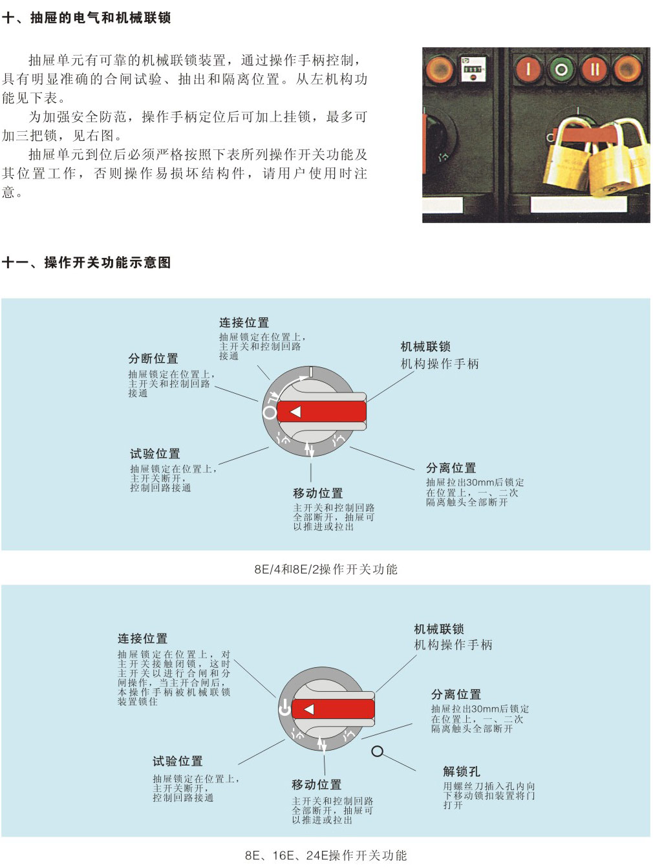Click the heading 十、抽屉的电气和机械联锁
tap(86, 17)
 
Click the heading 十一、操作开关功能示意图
tap(86, 262)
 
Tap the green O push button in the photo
tap(561, 70)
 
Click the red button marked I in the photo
tap(528, 69)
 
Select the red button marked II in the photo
tap(595, 70)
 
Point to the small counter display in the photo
tap(472, 69)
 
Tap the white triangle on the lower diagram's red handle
tap(309, 709)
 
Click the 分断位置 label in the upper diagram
tap(153, 359)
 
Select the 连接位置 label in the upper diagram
tap(244, 323)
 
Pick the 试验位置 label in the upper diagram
tap(155, 454)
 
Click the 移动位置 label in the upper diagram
tap(318, 493)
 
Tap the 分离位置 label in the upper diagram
tap(451, 468)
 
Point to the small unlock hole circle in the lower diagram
tap(378, 751)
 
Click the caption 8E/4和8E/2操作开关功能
tap(326, 569)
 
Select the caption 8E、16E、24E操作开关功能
tap(326, 855)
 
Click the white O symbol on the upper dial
tap(270, 412)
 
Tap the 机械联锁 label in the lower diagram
tap(438, 629)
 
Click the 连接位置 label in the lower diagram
tap(142, 639)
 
